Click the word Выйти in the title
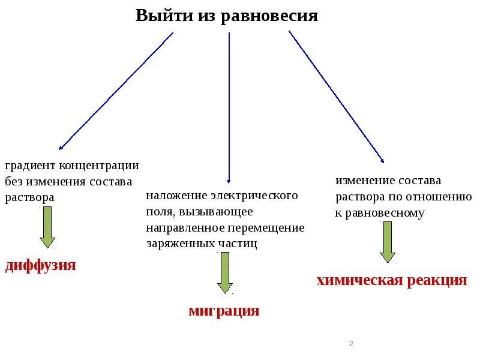click(x=158, y=16)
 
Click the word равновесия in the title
click(x=269, y=16)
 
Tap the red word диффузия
click(x=41, y=265)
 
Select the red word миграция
click(x=224, y=310)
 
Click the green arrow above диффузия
click(x=47, y=227)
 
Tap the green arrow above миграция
click(x=225, y=272)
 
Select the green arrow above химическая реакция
click(x=388, y=242)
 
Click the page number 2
click(x=351, y=344)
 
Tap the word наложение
click(x=176, y=196)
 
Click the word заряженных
click(x=179, y=243)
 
